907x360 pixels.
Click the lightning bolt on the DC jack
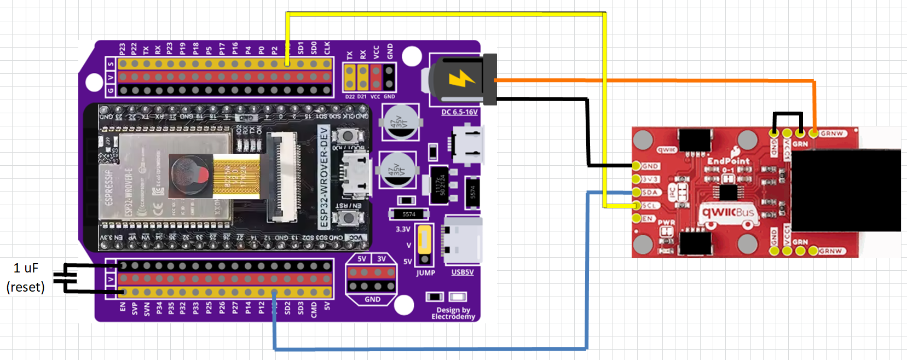pos(461,79)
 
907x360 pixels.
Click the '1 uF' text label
pos(26,268)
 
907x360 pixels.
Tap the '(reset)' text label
pos(25,287)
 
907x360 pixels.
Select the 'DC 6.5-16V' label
pos(459,112)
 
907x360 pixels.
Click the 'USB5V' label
pos(463,272)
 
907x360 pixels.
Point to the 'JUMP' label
pos(425,272)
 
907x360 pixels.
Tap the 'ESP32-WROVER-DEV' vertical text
pos(323,176)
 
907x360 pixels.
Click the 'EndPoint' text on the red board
pos(728,161)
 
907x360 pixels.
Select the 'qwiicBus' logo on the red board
pos(728,212)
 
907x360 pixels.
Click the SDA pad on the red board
pos(636,192)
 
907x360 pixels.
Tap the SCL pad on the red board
pos(636,205)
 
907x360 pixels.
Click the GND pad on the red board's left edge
pos(636,166)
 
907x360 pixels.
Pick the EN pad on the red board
pos(636,218)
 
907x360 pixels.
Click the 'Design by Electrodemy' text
pos(453,313)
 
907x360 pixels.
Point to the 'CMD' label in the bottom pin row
pos(314,309)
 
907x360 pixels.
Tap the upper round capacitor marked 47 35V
pos(401,122)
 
